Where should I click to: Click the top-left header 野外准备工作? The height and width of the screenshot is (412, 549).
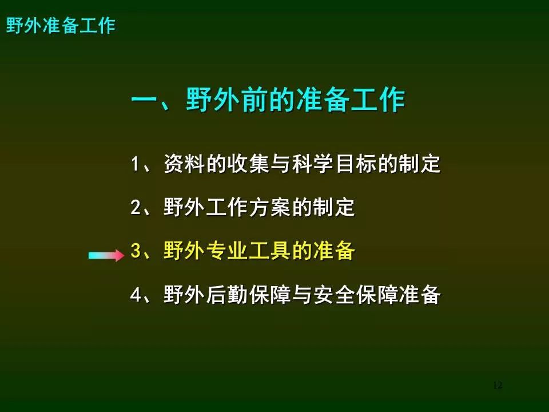61,26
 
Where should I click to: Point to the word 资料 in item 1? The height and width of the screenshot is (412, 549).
185,164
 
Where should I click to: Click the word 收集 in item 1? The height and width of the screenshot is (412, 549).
249,164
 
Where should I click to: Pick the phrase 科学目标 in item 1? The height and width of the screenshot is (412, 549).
334,164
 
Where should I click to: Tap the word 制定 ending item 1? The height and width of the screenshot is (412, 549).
419,164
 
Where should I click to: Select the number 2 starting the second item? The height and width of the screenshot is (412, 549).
136,207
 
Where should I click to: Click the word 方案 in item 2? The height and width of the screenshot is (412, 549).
270,207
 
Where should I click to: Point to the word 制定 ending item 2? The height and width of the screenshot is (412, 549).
334,207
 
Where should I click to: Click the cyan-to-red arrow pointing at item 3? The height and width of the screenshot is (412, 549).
106,255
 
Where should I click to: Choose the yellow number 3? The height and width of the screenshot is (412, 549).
136,251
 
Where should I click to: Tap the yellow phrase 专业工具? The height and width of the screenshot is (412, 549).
249,251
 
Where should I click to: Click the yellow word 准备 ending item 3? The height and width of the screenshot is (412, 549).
334,251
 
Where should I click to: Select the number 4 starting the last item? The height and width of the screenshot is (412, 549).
136,295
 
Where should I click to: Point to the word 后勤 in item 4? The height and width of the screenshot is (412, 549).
227,295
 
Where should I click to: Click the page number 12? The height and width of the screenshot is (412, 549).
498,385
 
